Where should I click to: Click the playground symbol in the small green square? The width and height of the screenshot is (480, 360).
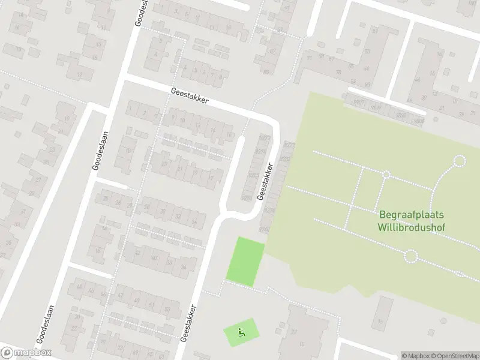point(242,332)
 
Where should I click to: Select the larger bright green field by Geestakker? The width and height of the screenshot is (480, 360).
point(245,261)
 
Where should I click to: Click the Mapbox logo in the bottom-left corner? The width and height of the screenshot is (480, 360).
point(26,353)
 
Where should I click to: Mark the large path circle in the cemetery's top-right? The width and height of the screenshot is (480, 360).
point(460,160)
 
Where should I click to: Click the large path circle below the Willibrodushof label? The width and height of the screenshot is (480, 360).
point(410,257)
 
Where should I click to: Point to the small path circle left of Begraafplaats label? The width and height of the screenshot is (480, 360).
point(386,175)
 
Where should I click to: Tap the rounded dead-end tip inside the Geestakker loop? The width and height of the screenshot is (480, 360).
point(241,139)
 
